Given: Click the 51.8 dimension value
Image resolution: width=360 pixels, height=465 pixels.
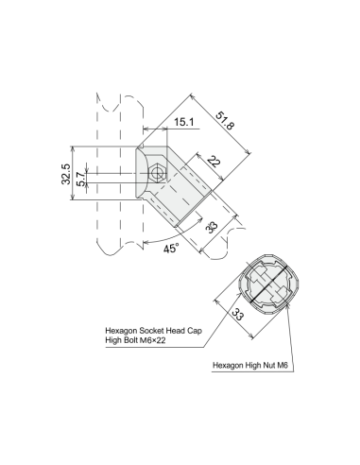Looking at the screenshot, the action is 225,120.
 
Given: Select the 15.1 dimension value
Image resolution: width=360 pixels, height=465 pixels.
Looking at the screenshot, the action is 184,122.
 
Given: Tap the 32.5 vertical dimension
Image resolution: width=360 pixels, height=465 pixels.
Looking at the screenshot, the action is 66,174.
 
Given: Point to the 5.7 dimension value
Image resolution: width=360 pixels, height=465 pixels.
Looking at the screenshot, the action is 81,179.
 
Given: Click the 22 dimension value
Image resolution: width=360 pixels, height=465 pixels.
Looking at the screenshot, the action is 214,162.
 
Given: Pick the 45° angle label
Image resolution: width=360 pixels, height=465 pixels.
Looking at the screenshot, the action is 171,249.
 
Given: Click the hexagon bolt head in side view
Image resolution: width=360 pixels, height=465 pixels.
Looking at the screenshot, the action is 157,173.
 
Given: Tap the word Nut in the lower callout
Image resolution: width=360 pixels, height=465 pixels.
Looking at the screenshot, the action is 269,366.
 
